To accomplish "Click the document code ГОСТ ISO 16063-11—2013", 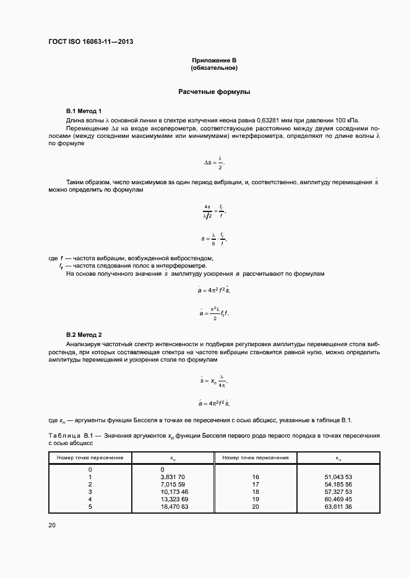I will point(91,42).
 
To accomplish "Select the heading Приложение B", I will point(214,60).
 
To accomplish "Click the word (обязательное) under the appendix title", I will point(214,67).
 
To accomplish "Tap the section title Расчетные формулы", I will point(214,91).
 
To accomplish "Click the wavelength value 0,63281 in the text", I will point(277,119).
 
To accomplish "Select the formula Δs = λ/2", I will point(214,163).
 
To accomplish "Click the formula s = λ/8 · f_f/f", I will point(214,238).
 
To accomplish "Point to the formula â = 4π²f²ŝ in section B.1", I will point(214,289).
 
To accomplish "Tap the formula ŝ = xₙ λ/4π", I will point(214,381).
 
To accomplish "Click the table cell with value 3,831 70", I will point(173,477).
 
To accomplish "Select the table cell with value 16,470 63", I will point(173,506).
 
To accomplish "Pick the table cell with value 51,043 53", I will point(338,477).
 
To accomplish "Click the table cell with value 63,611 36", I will point(338,506).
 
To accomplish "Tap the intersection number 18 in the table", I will point(255,491).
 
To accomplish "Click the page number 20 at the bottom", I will point(52,525).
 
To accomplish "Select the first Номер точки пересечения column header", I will point(90,457).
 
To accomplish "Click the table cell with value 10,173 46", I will point(173,491).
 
